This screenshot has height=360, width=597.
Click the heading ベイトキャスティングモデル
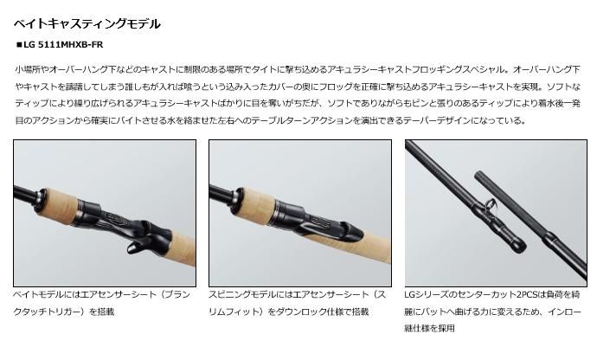(87, 24)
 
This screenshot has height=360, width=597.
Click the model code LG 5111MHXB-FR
(63, 45)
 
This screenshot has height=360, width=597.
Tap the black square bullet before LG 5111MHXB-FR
(19, 45)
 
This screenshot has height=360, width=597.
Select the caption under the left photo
(101, 303)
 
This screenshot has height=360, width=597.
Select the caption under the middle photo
(297, 303)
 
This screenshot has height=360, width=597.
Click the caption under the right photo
(492, 311)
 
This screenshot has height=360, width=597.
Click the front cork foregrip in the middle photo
(258, 198)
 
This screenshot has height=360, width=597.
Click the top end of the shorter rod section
(478, 175)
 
